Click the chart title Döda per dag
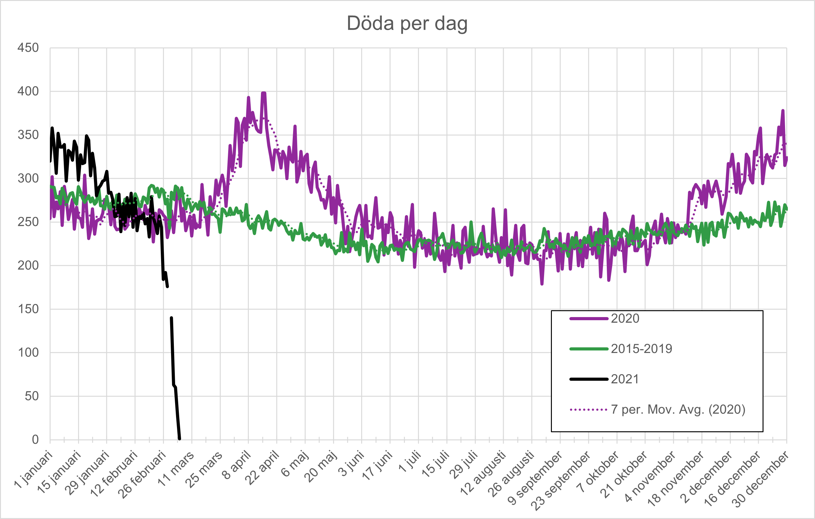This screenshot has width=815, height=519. click(407, 24)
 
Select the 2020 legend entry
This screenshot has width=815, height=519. click(625, 319)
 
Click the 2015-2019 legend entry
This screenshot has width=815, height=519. click(641, 349)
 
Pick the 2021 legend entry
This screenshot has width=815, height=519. click(625, 379)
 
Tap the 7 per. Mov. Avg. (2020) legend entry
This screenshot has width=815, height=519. click(678, 409)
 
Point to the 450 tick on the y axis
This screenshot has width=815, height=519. click(28, 48)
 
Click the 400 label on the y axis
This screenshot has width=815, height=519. click(28, 91)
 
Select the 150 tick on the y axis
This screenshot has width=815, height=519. click(28, 309)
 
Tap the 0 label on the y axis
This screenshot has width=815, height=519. click(35, 439)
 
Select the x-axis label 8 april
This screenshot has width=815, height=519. click(237, 465)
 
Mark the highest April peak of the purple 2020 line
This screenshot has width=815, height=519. click(263, 93)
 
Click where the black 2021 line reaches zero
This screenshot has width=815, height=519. click(179, 439)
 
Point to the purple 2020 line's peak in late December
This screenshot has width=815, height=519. click(783, 110)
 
